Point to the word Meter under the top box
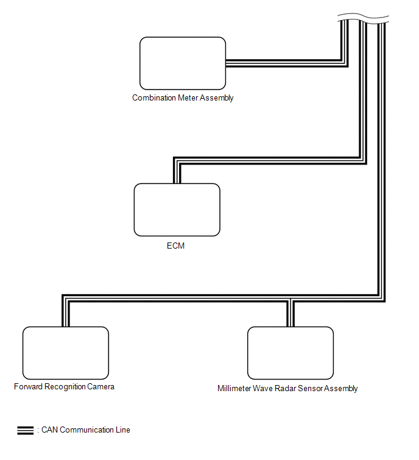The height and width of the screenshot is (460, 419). click(x=188, y=97)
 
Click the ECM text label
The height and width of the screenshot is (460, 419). click(x=175, y=246)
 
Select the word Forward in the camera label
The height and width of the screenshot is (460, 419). click(x=28, y=387)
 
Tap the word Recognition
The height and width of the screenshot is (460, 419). click(x=65, y=387)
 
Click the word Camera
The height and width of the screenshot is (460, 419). click(x=100, y=387)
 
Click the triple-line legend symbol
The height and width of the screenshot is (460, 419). click(x=26, y=430)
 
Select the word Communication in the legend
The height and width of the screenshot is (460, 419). click(x=86, y=430)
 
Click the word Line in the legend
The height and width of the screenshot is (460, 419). click(x=123, y=430)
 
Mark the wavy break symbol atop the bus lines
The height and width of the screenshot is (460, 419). click(x=364, y=18)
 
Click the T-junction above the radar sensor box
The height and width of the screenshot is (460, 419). click(x=290, y=301)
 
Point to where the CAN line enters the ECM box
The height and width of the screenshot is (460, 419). click(x=177, y=183)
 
